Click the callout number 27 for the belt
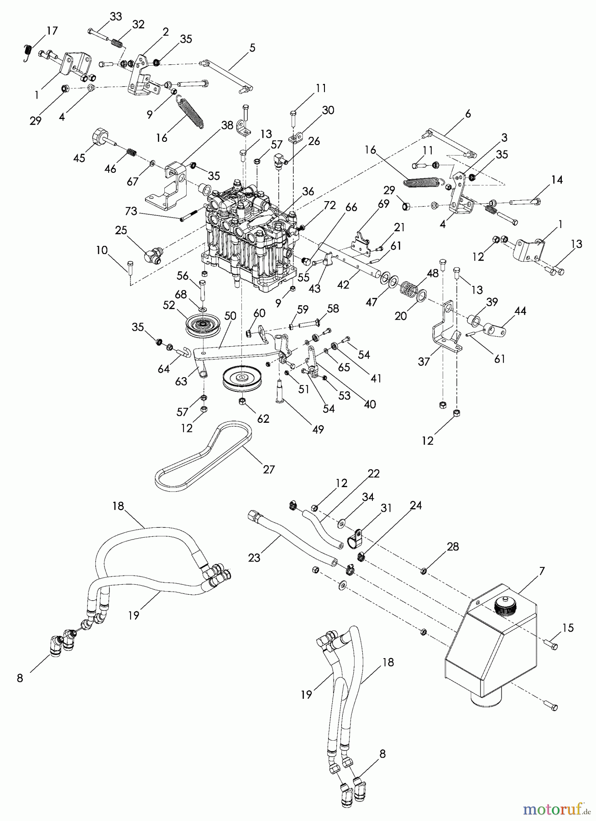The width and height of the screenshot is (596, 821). tap(268, 469)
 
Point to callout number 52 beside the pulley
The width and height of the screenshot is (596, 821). tap(169, 305)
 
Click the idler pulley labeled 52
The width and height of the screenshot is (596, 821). tap(199, 325)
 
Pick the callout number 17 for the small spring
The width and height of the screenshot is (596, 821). tap(52, 31)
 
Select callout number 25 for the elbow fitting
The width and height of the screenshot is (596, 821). tap(121, 231)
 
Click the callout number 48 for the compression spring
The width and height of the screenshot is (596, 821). tap(432, 273)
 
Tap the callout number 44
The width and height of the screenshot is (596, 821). tap(520, 311)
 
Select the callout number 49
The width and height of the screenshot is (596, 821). tap(318, 429)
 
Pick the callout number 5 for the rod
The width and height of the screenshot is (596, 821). tap(252, 47)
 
